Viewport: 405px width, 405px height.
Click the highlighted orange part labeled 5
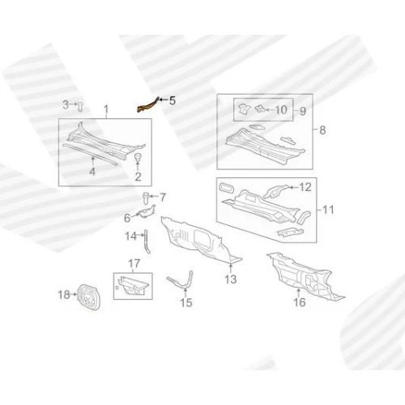coord(147,106)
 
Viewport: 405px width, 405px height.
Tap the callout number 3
coord(66,104)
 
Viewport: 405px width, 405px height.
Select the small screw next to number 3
coord(80,107)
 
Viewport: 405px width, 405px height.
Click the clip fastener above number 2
coord(138,157)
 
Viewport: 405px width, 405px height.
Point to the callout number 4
coord(92,172)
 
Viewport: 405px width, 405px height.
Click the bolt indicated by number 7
coord(146,198)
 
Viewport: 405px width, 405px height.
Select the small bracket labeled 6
coord(147,211)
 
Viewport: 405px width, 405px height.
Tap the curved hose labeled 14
coord(147,241)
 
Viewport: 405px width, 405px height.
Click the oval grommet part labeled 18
coord(88,296)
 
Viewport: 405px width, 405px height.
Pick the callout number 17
coord(134,263)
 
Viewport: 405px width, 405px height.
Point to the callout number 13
coord(231,279)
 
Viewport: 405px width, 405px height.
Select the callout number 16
coord(299,302)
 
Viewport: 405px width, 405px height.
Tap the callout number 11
coord(328,210)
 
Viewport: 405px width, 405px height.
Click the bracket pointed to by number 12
coord(275,190)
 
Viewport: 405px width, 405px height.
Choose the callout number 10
coord(281,109)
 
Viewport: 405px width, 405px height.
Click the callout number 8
coord(322,130)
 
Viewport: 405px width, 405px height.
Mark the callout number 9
coord(303,111)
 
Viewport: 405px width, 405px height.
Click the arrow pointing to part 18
coord(74,294)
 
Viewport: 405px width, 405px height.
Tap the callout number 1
coord(106,109)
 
